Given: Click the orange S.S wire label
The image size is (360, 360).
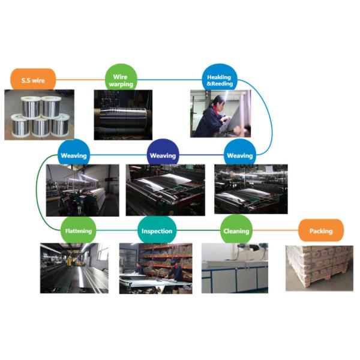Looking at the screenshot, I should (33, 79).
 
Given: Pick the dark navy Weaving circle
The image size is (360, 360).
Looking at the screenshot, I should (163, 155).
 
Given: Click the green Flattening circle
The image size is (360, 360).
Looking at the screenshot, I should (78, 230).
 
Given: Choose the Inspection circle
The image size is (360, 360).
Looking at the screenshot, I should (157, 230).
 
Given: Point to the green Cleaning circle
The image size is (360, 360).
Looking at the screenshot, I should (236, 230).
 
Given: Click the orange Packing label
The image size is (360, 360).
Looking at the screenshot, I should (321, 230).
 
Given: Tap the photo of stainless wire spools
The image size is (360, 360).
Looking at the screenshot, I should (39, 115).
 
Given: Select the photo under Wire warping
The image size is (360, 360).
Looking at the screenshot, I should (122, 115).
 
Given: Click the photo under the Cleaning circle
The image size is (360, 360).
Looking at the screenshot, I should (235, 268).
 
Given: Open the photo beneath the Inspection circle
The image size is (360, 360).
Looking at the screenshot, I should (155, 268).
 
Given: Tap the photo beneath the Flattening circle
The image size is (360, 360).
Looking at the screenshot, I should (74, 268).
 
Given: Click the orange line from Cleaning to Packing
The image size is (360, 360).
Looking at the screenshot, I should (275, 230).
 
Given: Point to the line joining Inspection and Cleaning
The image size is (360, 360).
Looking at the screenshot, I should (198, 230).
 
